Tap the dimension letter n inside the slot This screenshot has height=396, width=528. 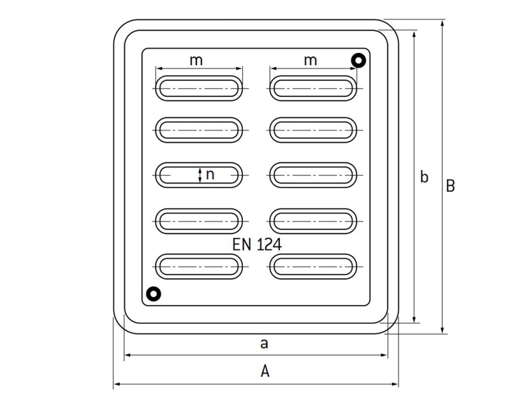210,174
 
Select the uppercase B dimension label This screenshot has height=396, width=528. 450,186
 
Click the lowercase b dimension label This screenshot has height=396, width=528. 424,177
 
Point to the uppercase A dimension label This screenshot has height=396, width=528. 265,371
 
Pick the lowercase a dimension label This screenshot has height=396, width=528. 264,344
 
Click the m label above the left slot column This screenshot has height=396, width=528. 196,60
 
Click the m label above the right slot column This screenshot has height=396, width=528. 310,60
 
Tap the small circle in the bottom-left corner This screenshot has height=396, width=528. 153,293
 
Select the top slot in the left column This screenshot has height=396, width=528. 199,88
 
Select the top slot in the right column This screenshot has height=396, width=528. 313,88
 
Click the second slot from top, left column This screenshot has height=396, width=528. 199,130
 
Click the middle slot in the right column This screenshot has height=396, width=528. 313,175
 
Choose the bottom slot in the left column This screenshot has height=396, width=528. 199,266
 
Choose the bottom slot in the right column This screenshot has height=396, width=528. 313,266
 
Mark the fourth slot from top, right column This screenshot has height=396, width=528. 313,221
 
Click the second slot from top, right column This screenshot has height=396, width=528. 313,130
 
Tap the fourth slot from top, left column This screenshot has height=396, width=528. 199,221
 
